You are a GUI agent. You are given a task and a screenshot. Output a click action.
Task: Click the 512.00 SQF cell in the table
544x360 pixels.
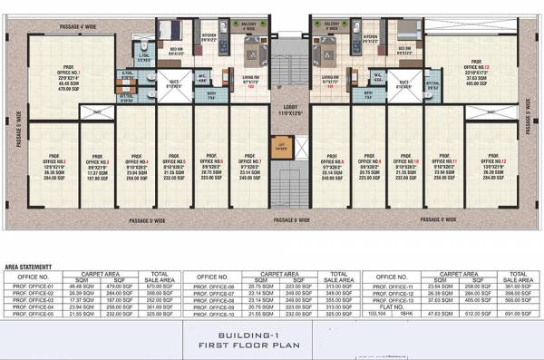478,313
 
